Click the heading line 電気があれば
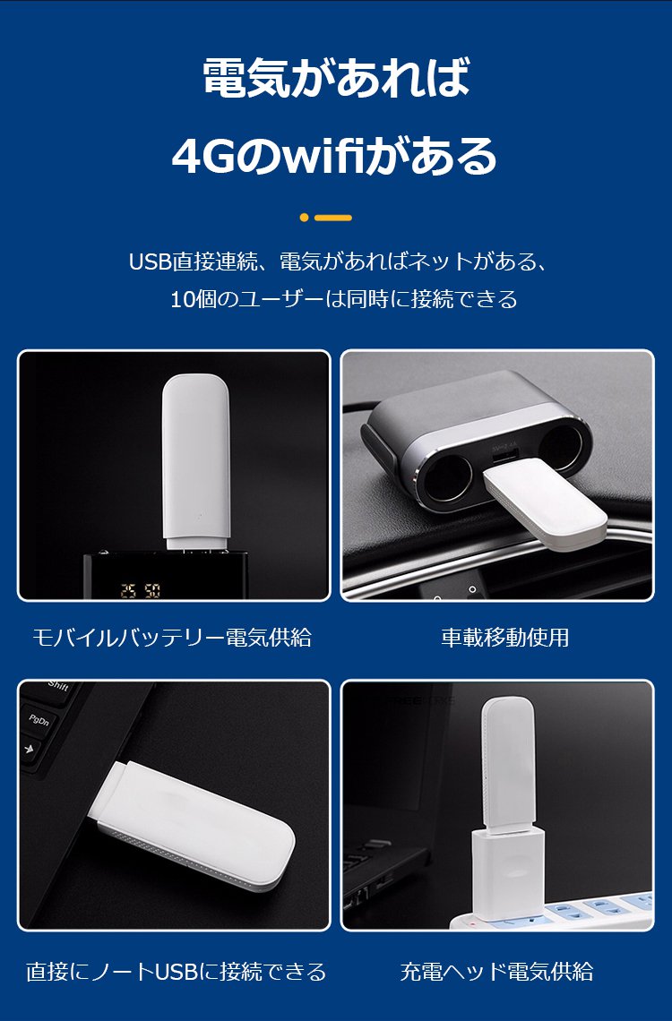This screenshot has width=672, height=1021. pos(336,78)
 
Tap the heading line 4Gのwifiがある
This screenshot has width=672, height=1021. pos(335,156)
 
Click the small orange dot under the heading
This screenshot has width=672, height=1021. pos(304,218)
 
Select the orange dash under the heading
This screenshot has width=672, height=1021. pos(332,218)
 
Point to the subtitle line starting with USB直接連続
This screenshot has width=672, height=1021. pos(337,262)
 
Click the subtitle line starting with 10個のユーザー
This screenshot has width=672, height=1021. pos(344,299)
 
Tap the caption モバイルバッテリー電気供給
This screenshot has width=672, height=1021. pos(172,637)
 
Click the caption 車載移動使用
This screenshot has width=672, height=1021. pos(504,637)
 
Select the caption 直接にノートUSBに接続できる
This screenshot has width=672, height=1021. pos(176,971)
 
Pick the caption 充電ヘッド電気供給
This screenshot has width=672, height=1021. pos(497,971)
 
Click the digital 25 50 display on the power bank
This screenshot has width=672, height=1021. pos(140,590)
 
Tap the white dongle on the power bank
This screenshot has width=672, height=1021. pos(195,462)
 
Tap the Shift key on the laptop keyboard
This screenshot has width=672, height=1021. pos(57,688)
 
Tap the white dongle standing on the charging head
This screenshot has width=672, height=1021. pos(508,763)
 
